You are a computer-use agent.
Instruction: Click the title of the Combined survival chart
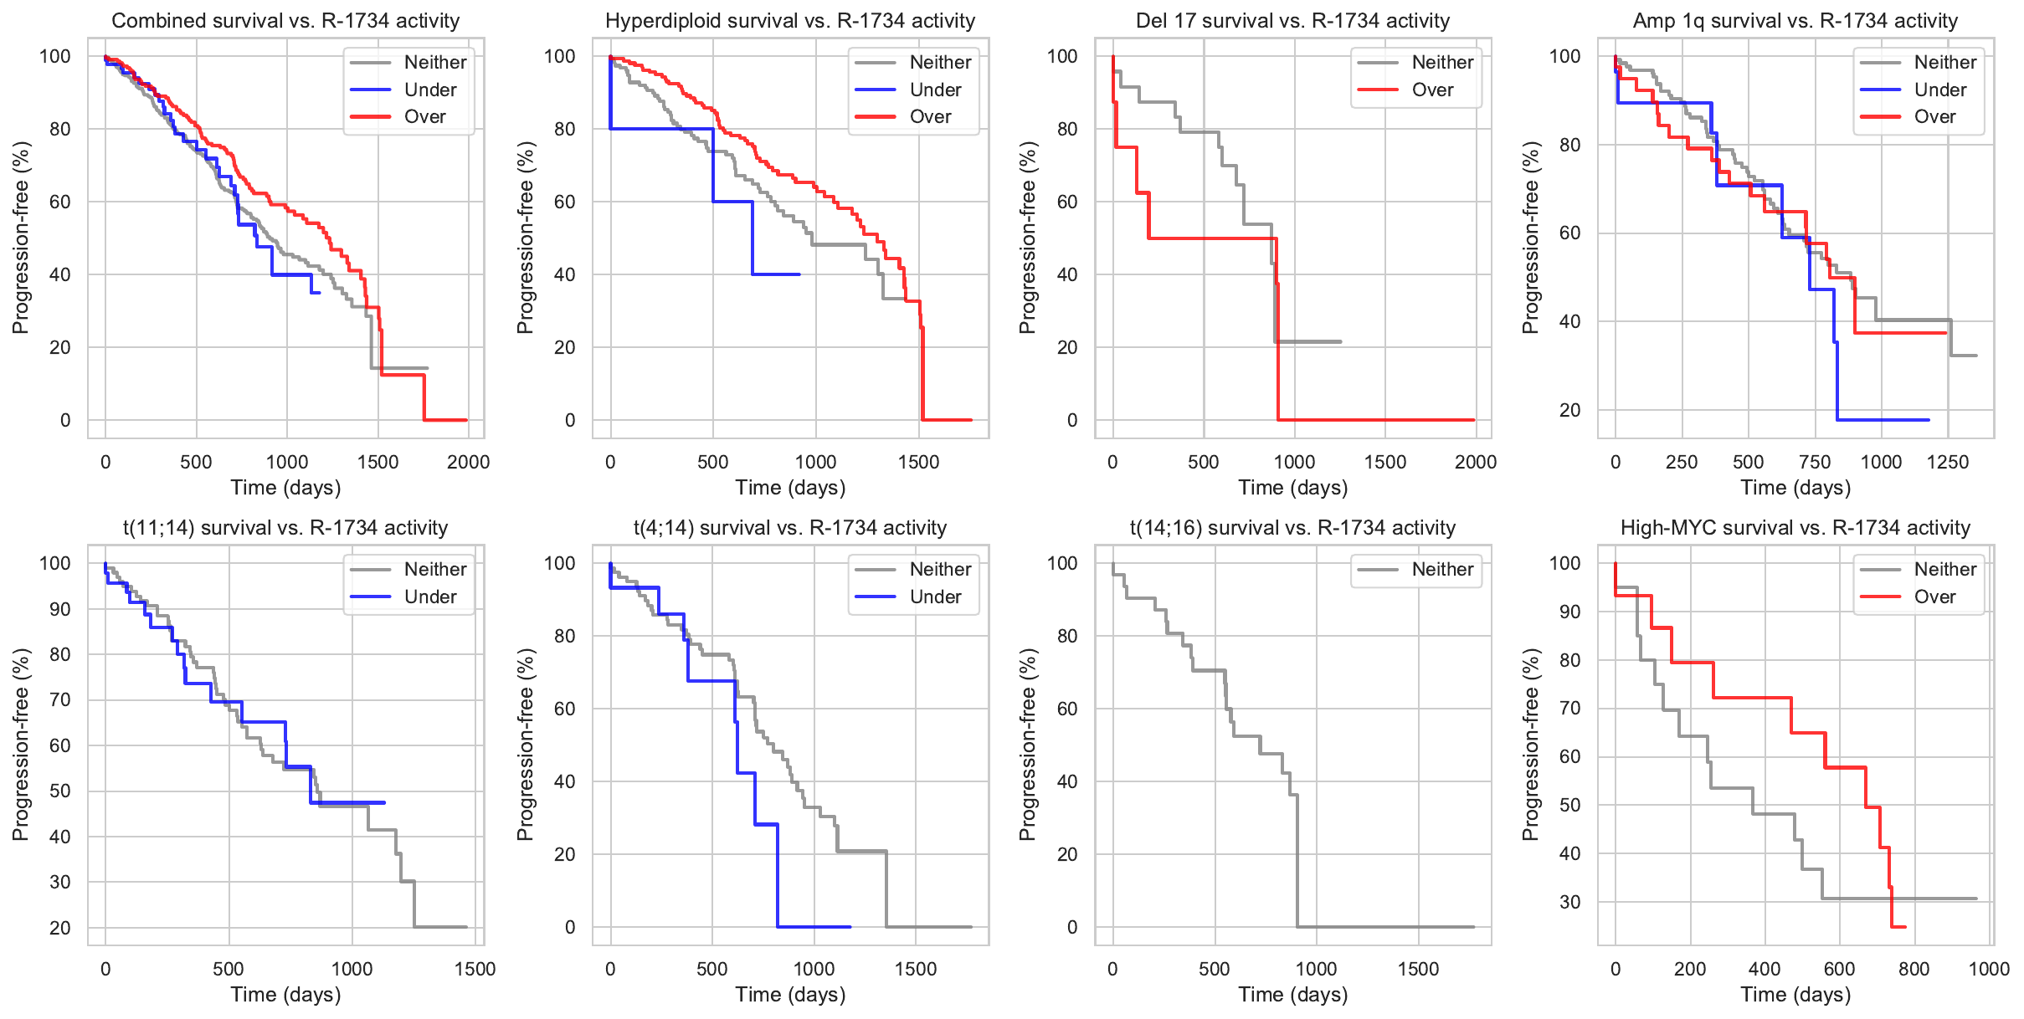285,21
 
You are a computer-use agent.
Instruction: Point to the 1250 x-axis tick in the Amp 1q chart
1948,462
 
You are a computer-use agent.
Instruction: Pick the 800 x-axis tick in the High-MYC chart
1914,969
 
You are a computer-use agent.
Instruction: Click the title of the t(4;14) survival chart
790,528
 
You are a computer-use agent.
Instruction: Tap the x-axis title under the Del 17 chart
1293,488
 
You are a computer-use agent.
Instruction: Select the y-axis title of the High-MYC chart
1531,745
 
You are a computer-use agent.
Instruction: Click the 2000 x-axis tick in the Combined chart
468,462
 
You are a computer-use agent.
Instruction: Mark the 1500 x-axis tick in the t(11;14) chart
475,969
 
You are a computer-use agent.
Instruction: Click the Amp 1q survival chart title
1795,21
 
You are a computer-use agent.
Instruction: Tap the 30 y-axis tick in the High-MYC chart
1570,902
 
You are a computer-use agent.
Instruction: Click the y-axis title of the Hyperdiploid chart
526,238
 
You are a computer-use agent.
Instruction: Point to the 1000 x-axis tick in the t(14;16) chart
1316,969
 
